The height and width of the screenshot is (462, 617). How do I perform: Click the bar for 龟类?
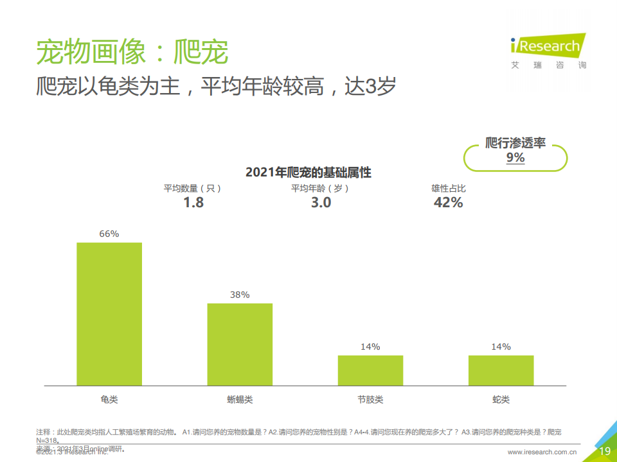point(109,314)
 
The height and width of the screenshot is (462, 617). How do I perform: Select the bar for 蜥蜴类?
point(240,344)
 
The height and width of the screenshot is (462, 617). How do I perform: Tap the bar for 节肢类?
point(370,370)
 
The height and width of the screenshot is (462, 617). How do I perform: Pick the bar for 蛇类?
point(501,370)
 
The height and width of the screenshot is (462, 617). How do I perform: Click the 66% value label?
point(109,234)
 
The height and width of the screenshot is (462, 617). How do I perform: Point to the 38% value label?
point(240,295)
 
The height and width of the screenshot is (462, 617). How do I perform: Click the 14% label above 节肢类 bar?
point(370,347)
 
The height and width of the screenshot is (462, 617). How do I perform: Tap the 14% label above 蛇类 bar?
point(501,347)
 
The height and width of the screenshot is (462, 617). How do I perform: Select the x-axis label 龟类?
point(109,400)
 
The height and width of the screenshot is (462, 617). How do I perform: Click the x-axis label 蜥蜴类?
point(240,400)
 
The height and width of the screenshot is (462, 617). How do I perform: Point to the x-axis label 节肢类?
point(370,400)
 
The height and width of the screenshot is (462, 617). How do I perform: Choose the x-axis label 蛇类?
point(501,400)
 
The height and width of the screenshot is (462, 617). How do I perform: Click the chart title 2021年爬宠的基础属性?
point(308,173)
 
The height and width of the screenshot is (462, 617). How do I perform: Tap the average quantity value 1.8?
point(193,203)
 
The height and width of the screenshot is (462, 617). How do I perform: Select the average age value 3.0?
point(321,203)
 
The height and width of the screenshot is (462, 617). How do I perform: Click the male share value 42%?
point(448,203)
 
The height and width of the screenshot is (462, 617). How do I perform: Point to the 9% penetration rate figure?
point(515,158)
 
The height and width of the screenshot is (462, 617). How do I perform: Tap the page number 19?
point(605,452)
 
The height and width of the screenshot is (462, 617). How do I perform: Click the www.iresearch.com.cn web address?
point(542,452)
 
